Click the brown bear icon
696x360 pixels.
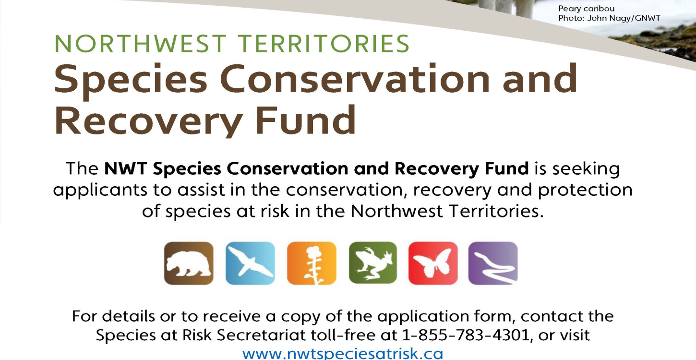pos(189,263)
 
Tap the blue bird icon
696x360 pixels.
pos(250,263)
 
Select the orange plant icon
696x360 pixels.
pos(312,263)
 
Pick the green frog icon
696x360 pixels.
pos(373,263)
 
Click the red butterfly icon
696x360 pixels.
pos(433,263)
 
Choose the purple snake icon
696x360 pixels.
pos(493,263)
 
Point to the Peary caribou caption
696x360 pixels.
pos(586,9)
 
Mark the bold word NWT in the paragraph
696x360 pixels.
pos(124,169)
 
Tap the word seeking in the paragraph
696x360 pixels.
pos(586,169)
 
